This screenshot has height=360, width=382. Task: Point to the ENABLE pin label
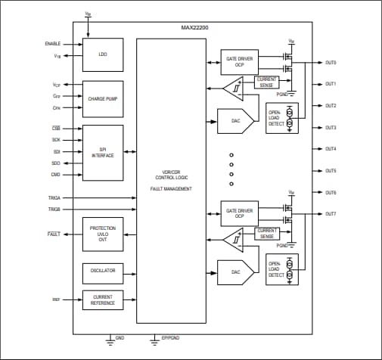click(53, 44)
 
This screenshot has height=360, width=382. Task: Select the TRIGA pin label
click(54, 197)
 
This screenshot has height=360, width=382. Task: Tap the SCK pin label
click(56, 140)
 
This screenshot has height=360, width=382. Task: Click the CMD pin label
click(56, 175)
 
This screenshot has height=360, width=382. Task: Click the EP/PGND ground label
click(171, 337)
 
